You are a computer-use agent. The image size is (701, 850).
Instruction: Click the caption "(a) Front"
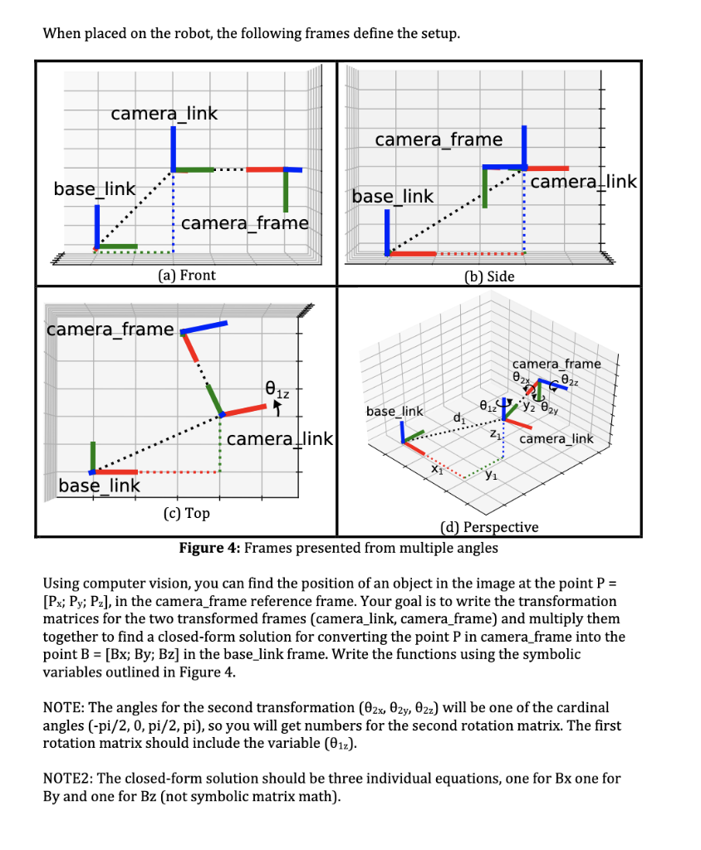click(x=186, y=275)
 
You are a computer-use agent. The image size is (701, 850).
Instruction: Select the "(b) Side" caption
click(x=490, y=276)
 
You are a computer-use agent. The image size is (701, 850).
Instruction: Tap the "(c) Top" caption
click(x=186, y=513)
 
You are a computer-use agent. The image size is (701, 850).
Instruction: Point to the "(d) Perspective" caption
click(x=488, y=527)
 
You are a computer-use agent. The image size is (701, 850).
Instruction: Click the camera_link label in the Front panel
click(x=164, y=114)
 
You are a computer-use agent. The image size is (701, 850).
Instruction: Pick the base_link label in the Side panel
click(x=393, y=196)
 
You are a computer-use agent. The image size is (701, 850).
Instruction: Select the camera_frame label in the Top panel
click(x=110, y=330)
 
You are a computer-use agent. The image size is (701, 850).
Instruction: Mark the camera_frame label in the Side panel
click(x=439, y=139)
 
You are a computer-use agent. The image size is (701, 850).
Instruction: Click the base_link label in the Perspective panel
click(x=395, y=412)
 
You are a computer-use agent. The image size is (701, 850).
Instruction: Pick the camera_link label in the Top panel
click(x=279, y=438)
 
